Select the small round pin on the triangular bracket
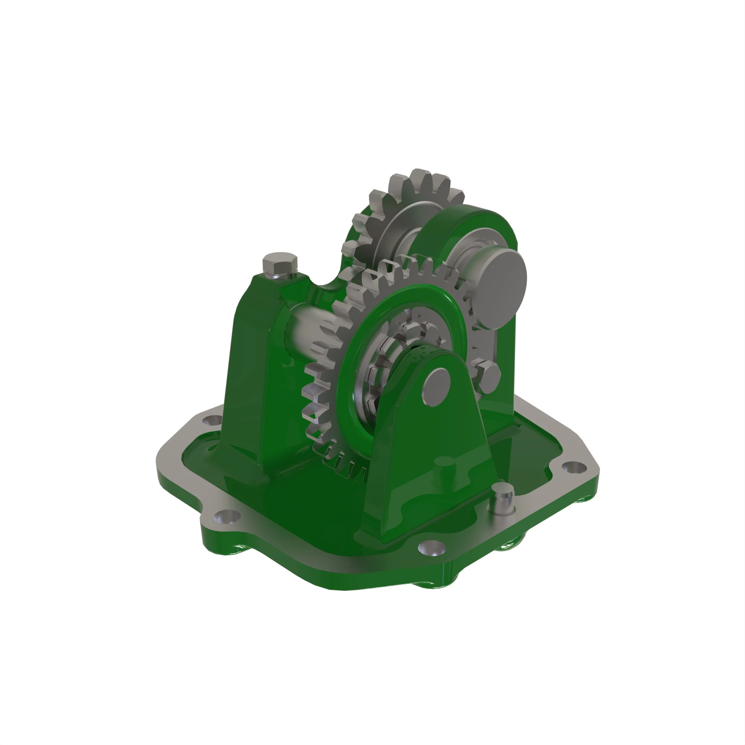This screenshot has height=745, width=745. point(436,386)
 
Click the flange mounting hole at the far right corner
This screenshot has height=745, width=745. point(574,468)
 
